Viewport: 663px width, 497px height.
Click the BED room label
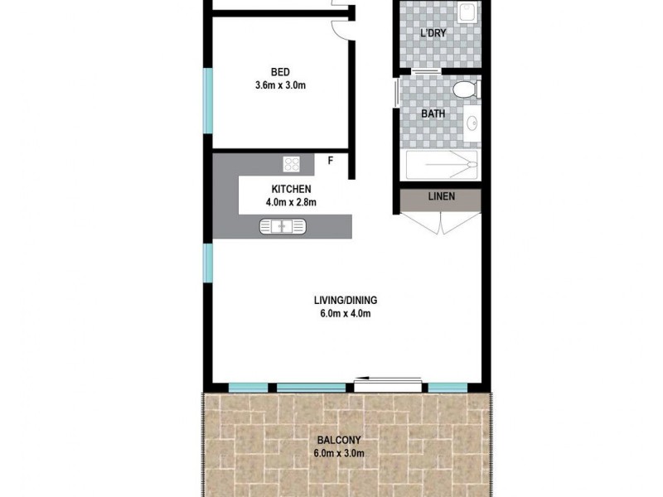pos(280,71)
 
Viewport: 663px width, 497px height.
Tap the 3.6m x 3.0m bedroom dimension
pos(280,84)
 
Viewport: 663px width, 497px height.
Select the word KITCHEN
pos(285,190)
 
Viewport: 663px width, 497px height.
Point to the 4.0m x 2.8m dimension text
pos(285,202)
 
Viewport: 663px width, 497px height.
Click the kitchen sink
pos(283,225)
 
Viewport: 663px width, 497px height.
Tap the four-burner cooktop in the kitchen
pos(292,163)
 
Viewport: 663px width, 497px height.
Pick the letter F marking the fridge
pos(331,161)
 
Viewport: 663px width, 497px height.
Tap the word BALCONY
pos(338,441)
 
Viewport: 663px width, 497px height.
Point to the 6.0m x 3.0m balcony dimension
pos(338,453)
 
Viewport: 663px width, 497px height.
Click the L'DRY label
pos(434,34)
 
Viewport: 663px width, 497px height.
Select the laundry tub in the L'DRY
pos(469,12)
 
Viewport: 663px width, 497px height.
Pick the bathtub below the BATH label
pos(442,166)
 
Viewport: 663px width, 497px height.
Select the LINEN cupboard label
pos(440,198)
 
